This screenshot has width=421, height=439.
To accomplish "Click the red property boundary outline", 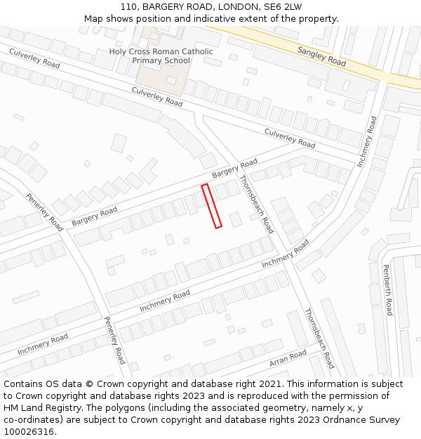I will click(212, 206).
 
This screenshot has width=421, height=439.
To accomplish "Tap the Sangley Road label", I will click(321, 56).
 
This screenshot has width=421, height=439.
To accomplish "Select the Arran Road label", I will click(288, 358).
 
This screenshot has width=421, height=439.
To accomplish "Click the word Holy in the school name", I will click(119, 51).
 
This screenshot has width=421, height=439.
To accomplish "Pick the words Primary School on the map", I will click(161, 60).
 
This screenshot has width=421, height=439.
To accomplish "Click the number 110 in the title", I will click(128, 6).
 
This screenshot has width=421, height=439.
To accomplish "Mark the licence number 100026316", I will click(29, 432).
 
